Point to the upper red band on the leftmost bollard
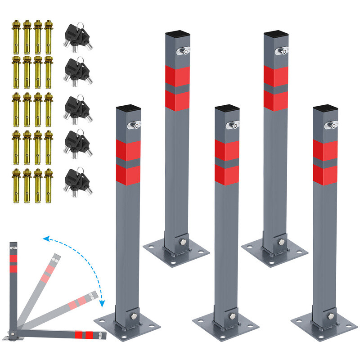(x=128, y=150)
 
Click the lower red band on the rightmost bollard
(x=325, y=175)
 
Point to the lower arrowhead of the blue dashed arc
(x=102, y=304)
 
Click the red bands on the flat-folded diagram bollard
(x=85, y=335)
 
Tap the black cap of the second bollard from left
(x=177, y=35)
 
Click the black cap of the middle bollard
(x=226, y=109)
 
